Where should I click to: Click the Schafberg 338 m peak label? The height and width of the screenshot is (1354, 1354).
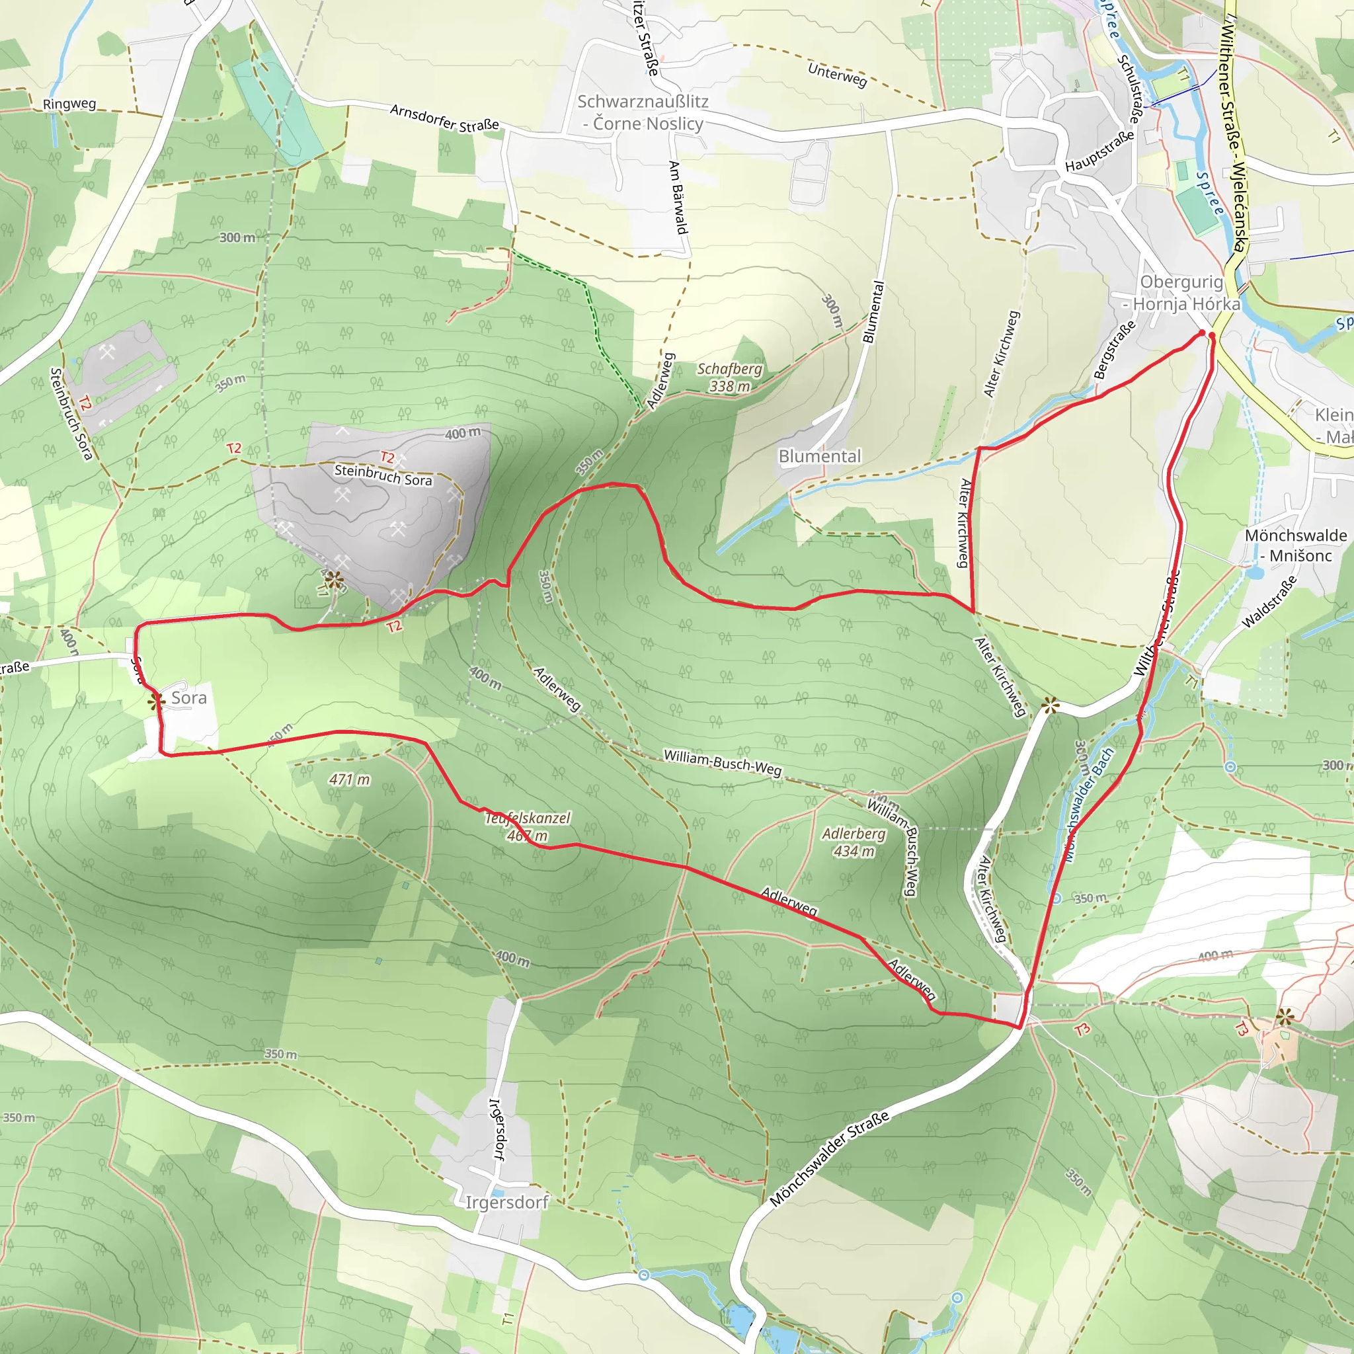(730, 378)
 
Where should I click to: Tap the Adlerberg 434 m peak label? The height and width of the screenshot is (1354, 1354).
(854, 842)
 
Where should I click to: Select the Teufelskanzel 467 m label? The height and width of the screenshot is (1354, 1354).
(528, 826)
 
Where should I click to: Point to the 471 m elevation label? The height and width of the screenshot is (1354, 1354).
(350, 779)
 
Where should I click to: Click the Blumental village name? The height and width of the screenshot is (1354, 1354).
(819, 456)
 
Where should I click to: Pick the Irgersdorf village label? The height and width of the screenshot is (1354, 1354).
(506, 1203)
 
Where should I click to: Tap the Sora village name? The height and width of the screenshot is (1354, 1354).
(188, 698)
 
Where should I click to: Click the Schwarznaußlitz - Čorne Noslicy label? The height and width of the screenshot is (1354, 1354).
(643, 112)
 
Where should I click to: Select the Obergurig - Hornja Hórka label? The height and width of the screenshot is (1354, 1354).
(1181, 293)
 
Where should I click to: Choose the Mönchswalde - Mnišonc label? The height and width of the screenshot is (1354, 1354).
(1295, 545)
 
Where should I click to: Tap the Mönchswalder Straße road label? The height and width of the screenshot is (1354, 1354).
(829, 1158)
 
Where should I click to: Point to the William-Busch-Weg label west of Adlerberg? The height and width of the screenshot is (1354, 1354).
(722, 762)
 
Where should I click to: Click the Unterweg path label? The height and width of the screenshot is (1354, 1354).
(838, 74)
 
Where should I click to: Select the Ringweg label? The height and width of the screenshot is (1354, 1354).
(69, 104)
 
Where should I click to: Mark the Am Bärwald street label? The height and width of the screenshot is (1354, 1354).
(678, 198)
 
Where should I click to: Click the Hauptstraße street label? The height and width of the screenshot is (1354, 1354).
(1099, 151)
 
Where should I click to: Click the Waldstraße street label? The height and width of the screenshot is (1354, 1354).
(1269, 602)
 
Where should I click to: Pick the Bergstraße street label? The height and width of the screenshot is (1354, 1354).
(1114, 350)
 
